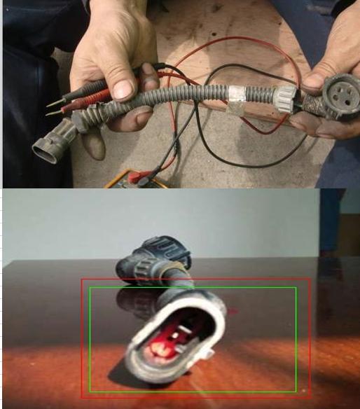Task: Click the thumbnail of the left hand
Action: [x=123, y=88]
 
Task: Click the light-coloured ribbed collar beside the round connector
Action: [x=286, y=97]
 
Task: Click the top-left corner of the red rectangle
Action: [x=82, y=280]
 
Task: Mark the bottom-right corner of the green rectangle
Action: [x=296, y=391]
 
